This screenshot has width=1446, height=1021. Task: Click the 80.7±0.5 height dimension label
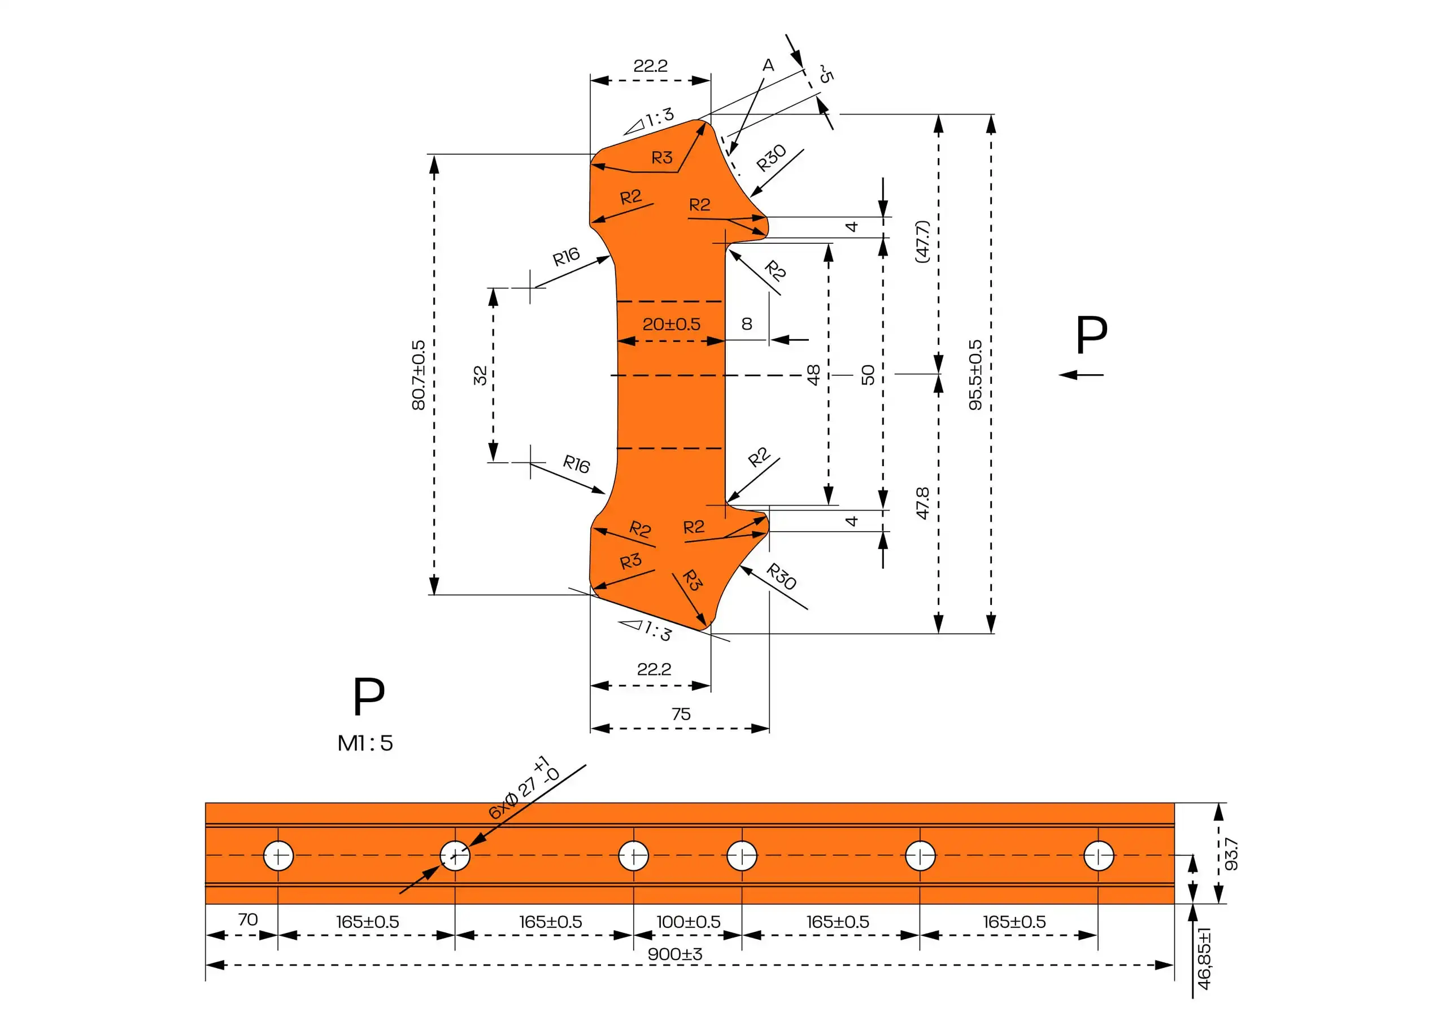click(x=418, y=375)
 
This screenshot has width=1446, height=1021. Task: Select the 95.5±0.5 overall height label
click(x=975, y=375)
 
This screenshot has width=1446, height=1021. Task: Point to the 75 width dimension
click(x=681, y=714)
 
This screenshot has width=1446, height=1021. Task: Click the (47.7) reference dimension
click(x=922, y=241)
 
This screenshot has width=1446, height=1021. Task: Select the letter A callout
click(x=768, y=65)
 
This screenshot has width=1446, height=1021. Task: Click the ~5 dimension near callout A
click(x=825, y=75)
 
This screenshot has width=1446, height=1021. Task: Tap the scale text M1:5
click(x=365, y=743)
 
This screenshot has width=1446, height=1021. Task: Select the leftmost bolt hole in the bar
click(x=278, y=856)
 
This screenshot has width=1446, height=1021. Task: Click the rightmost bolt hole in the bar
click(x=1099, y=856)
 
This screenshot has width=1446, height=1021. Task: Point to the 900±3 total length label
click(x=674, y=954)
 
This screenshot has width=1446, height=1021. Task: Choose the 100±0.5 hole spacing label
click(x=688, y=922)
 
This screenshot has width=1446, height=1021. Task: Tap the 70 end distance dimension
click(x=247, y=919)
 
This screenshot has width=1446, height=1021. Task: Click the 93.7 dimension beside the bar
click(x=1231, y=854)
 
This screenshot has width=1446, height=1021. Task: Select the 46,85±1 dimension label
click(x=1204, y=958)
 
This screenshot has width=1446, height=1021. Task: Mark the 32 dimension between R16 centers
click(x=480, y=375)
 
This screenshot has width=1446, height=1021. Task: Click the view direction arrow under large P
click(x=1081, y=375)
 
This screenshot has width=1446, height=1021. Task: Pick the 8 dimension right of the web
click(x=747, y=323)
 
